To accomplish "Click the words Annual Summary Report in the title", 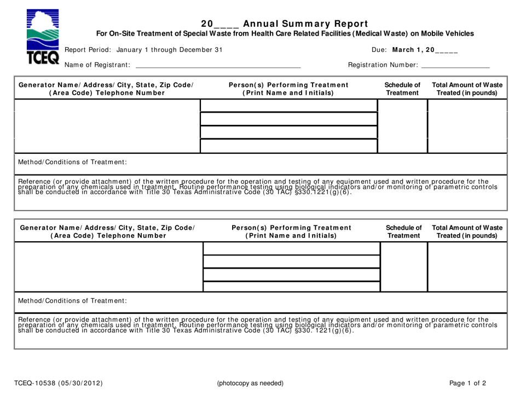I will (305, 24).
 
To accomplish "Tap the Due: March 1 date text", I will (414, 50).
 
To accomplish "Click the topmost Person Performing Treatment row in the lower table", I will (291, 249).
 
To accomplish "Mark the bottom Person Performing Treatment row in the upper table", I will (288, 146).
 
